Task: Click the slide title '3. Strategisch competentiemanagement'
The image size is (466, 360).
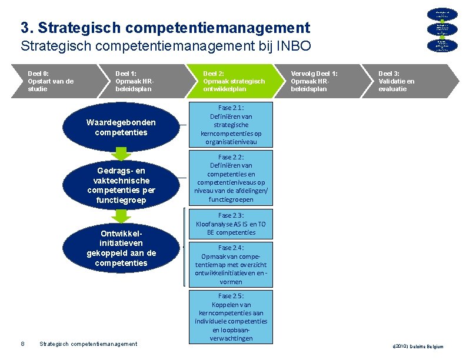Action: [165, 28]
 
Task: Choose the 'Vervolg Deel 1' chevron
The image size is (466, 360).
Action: [318, 81]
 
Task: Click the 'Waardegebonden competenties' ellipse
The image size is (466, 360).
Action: [121, 128]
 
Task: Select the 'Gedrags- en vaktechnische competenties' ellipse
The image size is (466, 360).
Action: [121, 185]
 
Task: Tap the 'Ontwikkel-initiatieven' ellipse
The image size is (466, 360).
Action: [121, 248]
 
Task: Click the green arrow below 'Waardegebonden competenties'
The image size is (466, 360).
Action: [121, 154]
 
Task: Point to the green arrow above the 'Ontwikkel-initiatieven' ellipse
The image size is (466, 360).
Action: [121, 215]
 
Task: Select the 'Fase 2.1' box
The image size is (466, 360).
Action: [231, 125]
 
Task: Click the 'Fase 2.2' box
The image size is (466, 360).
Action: [231, 178]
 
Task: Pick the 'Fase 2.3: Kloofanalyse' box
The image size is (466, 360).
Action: [231, 224]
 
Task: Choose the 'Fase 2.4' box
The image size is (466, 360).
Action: [231, 264]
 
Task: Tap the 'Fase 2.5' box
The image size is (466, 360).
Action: [231, 316]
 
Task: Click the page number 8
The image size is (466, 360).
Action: [22, 344]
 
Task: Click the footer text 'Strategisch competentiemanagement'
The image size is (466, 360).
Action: [88, 344]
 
